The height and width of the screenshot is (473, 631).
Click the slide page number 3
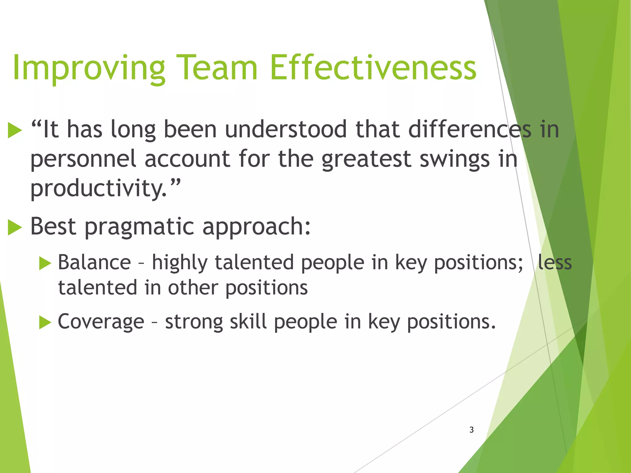[471, 430]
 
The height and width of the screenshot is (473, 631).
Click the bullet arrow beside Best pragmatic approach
[14, 228]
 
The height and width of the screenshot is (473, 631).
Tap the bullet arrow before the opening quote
[14, 130]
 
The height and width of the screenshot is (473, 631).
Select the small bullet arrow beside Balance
[45, 264]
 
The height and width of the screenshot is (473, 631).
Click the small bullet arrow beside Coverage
[45, 323]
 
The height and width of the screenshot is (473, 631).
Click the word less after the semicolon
[555, 262]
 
